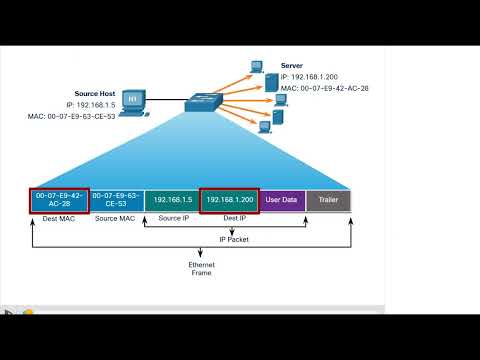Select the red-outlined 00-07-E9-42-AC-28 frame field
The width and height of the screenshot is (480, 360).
pyautogui.click(x=59, y=200)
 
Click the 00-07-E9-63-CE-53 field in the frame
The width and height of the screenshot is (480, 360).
pyautogui.click(x=116, y=200)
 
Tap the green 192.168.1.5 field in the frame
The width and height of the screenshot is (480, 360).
pyautogui.click(x=172, y=200)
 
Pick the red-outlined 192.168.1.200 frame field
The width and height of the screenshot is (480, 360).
pyautogui.click(x=230, y=200)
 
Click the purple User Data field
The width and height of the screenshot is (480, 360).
pyautogui.click(x=282, y=200)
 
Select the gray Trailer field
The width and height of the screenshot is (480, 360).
pyautogui.click(x=328, y=200)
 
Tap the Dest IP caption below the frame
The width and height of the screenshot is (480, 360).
pyautogui.click(x=228, y=219)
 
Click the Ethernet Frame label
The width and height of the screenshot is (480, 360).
pyautogui.click(x=201, y=268)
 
